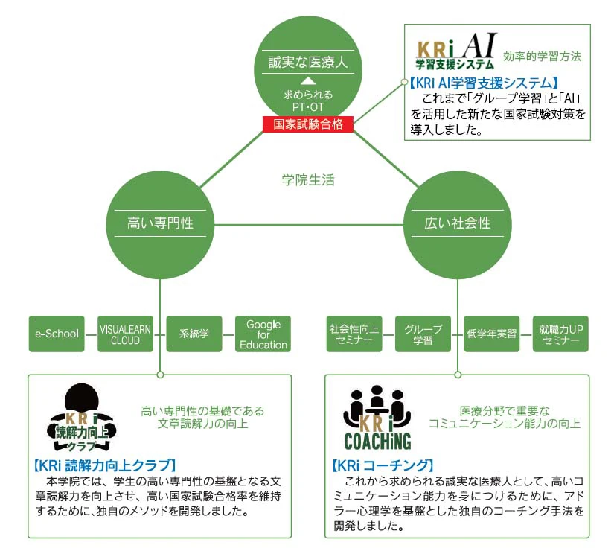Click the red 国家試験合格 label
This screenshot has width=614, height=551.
point(308,124)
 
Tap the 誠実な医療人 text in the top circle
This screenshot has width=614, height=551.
point(308,62)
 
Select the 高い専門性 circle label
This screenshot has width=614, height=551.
point(160,223)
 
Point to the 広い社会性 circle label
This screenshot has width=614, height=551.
point(457,223)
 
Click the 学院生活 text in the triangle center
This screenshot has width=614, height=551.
point(308,179)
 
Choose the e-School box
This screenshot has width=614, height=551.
point(57,334)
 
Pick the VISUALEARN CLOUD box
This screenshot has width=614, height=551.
point(125,334)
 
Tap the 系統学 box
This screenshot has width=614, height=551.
point(194,334)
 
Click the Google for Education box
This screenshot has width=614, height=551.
point(263,334)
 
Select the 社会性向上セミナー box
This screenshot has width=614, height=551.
point(354,334)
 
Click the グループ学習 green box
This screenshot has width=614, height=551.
point(423,334)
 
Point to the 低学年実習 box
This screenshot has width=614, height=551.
point(491,334)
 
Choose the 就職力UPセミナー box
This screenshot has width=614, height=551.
point(560,334)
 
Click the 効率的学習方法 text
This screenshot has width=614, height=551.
point(543,56)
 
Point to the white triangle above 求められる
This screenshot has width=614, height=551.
point(308,80)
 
